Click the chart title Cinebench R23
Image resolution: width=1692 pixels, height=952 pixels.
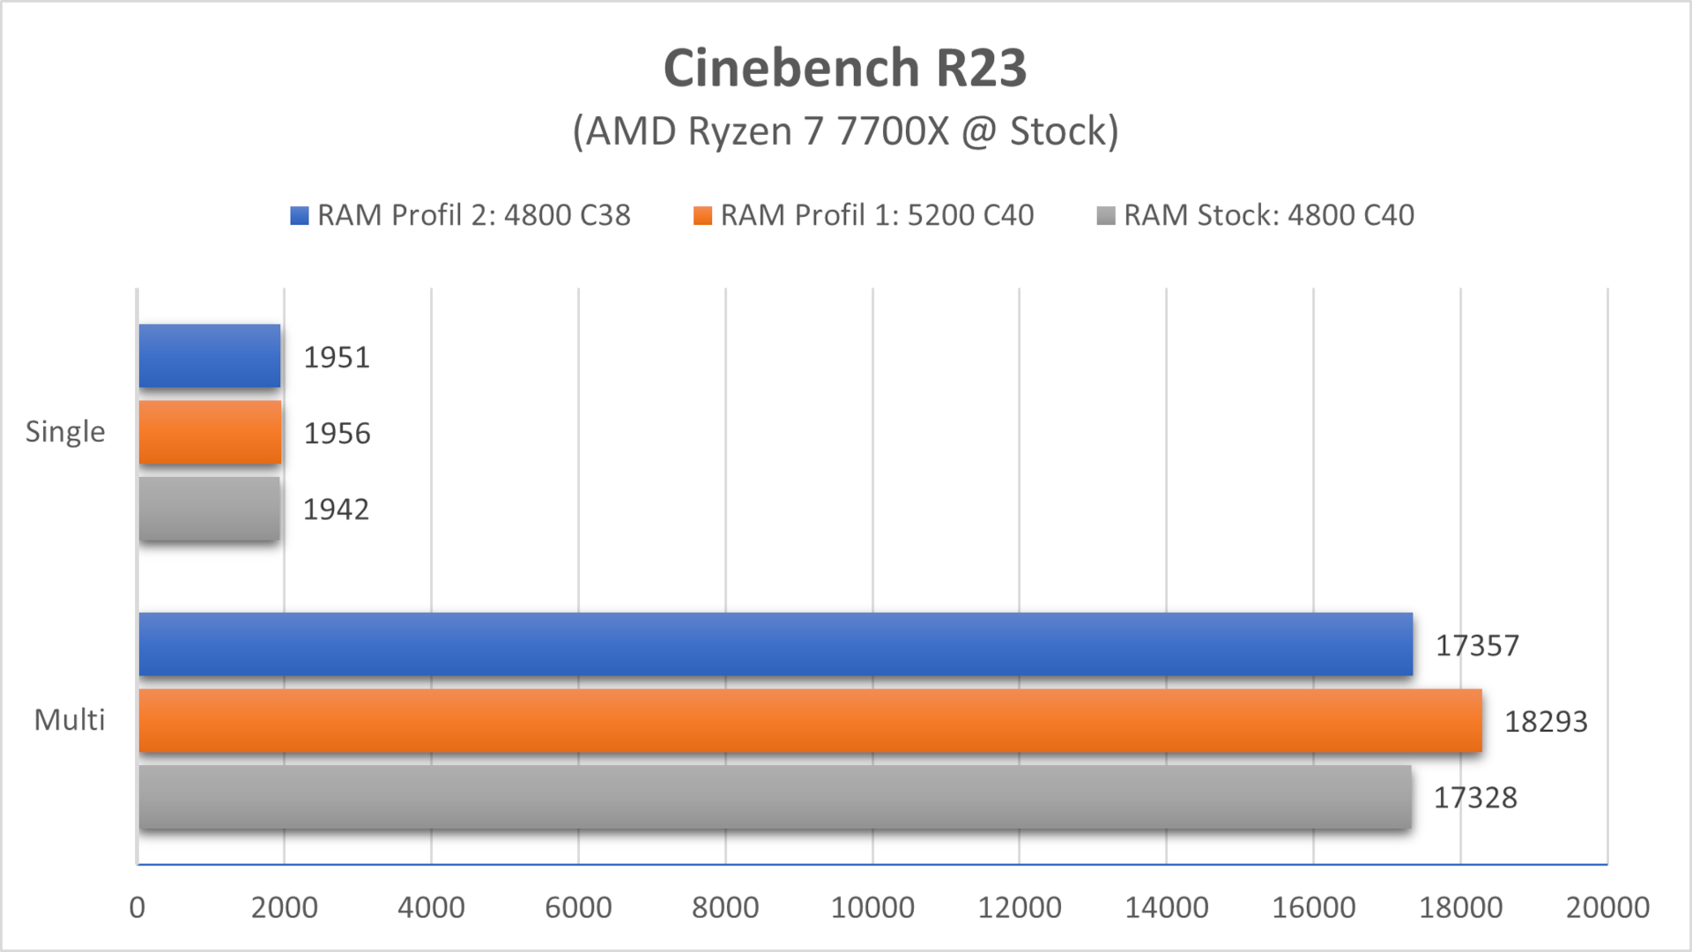pos(844,68)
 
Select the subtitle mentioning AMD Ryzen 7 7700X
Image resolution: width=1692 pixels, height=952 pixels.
pos(844,131)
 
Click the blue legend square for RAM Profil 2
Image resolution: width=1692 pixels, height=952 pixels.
pos(300,215)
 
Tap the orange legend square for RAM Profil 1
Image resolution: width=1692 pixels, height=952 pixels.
pos(702,215)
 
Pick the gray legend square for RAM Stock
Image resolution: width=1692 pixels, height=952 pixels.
pos(1106,215)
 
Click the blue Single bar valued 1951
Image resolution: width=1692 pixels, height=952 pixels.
pos(210,356)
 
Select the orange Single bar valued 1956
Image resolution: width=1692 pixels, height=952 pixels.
pos(210,432)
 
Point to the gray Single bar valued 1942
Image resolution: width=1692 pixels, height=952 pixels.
pos(210,509)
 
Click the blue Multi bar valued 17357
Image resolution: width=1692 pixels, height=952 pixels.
pos(775,644)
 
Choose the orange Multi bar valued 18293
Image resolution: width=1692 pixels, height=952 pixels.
pos(810,721)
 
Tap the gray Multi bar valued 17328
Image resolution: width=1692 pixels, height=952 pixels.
pos(775,797)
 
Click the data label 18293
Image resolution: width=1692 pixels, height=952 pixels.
pos(1546,722)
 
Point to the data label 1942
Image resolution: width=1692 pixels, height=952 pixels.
pos(336,509)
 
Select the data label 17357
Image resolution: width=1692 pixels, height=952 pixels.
pos(1477,646)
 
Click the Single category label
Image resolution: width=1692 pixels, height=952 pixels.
pos(65,432)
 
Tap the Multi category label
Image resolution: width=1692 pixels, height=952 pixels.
pos(70,720)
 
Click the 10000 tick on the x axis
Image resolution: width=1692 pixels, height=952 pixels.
pos(872,907)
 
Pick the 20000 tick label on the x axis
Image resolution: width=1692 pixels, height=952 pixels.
pos(1607,907)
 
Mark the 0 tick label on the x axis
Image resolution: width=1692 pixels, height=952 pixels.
pos(137,907)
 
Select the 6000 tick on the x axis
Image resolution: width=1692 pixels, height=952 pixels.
pos(578,907)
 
